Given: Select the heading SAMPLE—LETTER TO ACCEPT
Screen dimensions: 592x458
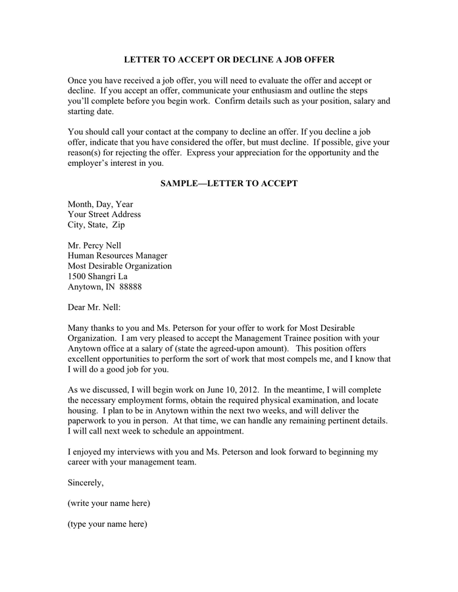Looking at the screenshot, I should [x=229, y=184].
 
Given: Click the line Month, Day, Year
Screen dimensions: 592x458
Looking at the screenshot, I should [x=100, y=205].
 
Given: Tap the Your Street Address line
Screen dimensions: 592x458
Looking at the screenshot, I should [x=104, y=214].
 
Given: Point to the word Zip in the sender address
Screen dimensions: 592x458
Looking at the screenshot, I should [x=118, y=225].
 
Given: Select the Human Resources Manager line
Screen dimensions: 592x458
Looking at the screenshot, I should [x=117, y=256].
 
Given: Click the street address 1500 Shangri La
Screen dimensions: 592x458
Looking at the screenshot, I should [x=97, y=276].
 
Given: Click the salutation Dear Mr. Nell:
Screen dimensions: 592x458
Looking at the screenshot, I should [x=94, y=307].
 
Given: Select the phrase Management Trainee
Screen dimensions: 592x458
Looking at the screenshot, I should [x=274, y=338].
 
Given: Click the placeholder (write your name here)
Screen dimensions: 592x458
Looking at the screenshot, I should [x=109, y=503].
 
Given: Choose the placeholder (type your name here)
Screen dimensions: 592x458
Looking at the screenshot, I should [x=107, y=524].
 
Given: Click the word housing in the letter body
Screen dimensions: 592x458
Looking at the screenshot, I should [x=84, y=410].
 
